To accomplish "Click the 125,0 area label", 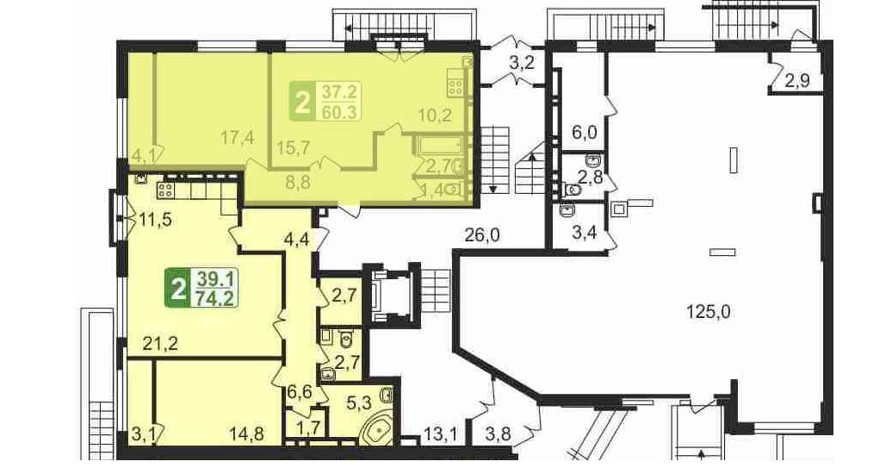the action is (x=709, y=312).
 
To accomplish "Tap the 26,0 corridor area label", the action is (x=481, y=234).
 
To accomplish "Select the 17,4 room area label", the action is (x=238, y=138).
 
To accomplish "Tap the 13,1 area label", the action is (x=441, y=435).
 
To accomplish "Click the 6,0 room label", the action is (x=585, y=133).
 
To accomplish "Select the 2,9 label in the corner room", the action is (x=797, y=82).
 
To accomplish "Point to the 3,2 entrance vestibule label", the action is (x=522, y=63).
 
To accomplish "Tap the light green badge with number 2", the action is (x=303, y=102).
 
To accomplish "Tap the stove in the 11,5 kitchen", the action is (x=165, y=190).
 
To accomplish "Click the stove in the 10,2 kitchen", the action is (x=455, y=87).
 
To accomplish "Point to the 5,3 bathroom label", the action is (x=358, y=404).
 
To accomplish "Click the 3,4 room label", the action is (x=585, y=232).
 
